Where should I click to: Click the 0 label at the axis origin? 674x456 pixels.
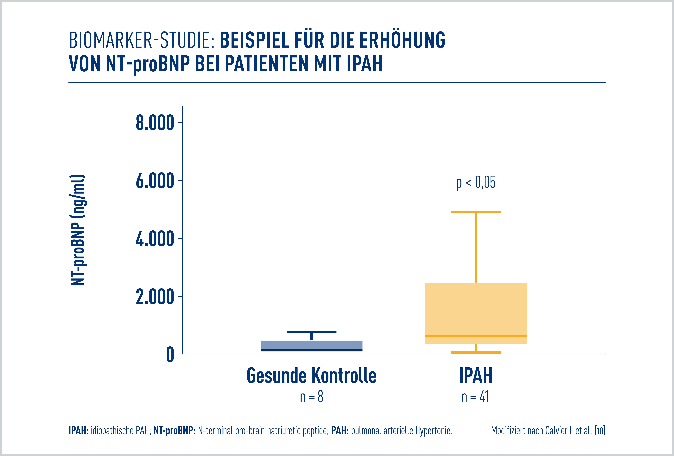170,355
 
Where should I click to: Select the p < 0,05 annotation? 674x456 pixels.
476,182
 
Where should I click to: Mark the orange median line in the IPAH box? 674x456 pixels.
476,336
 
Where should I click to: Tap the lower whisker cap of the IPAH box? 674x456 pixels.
476,352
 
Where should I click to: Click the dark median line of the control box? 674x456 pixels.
311,350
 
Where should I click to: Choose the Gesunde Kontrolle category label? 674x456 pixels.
311,376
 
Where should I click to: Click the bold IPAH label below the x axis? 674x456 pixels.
476,376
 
